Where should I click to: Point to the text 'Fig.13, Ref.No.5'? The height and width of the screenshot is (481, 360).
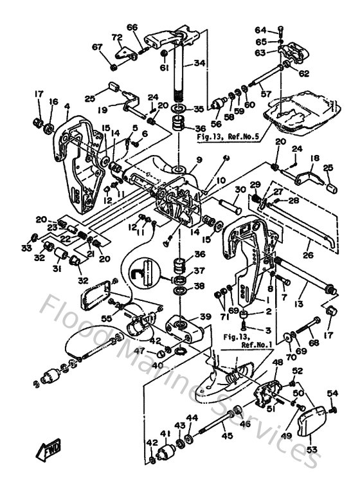pos(229,136)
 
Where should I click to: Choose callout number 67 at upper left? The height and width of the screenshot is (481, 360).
pos(98,46)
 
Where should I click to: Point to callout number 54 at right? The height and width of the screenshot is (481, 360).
pos(332,393)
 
